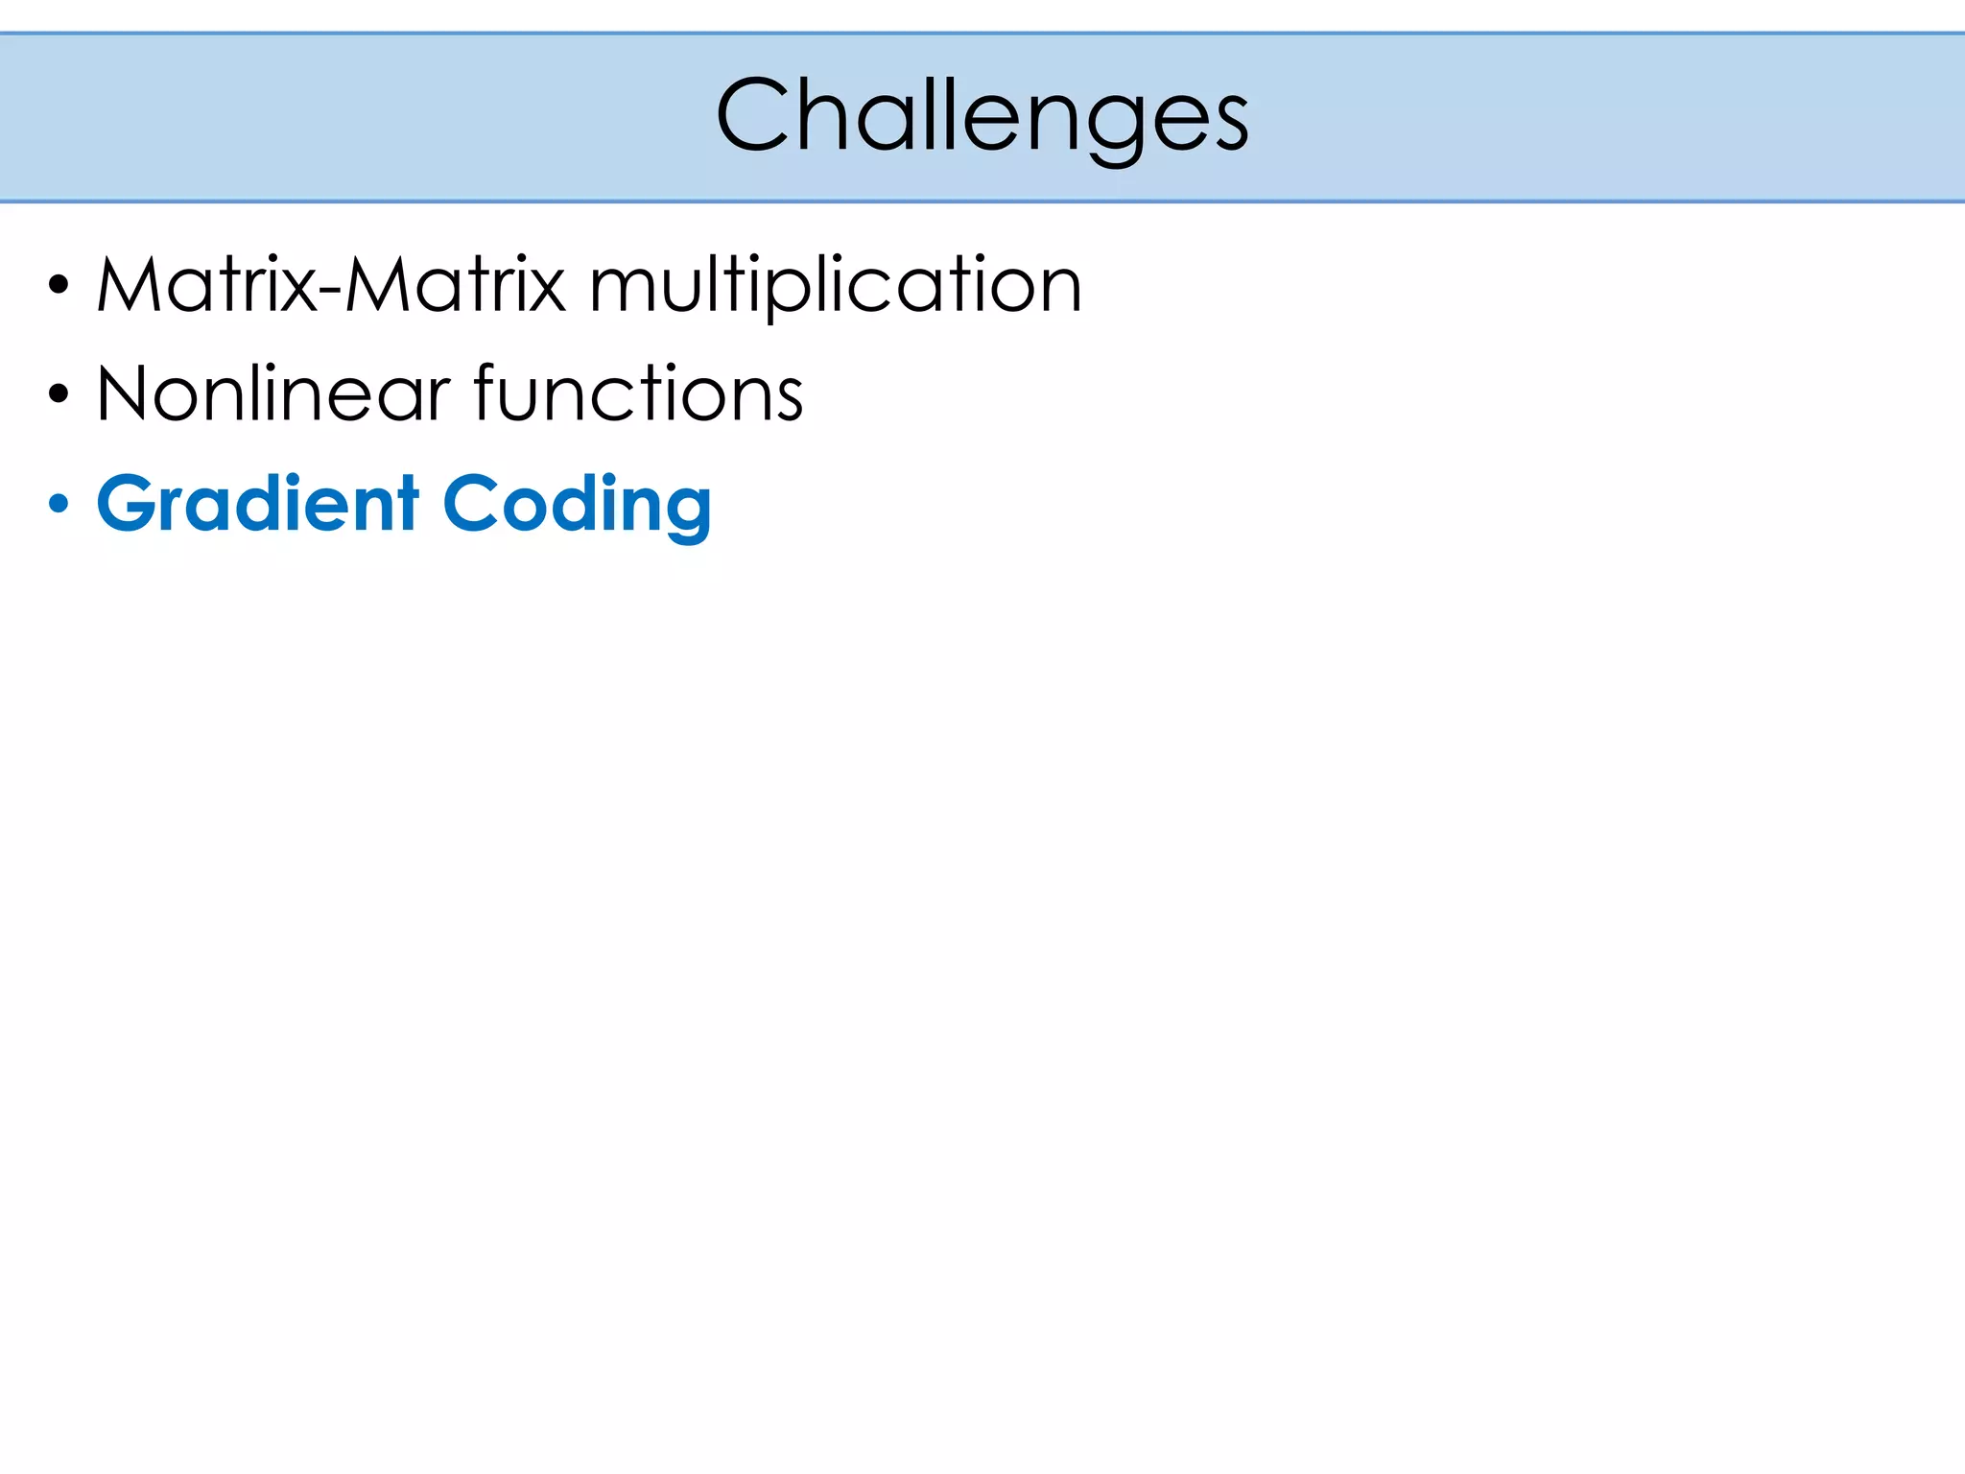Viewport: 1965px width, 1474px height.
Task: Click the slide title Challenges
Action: click(x=982, y=116)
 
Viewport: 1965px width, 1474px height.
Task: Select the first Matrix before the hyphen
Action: click(x=206, y=285)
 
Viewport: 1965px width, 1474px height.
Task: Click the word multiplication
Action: click(x=835, y=287)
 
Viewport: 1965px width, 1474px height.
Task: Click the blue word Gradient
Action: click(x=258, y=504)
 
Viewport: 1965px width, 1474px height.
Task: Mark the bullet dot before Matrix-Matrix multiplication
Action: click(x=59, y=285)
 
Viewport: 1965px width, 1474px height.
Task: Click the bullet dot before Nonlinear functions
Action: click(x=59, y=393)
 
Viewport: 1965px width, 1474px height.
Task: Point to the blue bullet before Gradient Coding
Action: click(x=59, y=503)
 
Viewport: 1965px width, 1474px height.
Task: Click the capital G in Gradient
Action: click(x=128, y=504)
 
